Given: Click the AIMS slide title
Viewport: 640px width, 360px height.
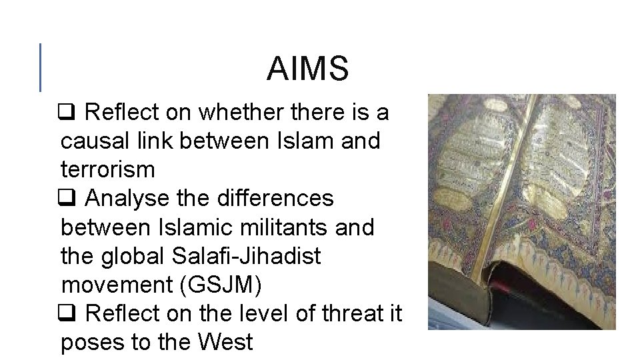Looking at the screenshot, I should [307, 69].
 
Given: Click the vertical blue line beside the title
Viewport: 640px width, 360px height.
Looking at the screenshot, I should [41, 67].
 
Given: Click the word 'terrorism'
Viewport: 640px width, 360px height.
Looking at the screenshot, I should [107, 170].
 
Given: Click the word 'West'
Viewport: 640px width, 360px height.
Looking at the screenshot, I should [227, 342].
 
